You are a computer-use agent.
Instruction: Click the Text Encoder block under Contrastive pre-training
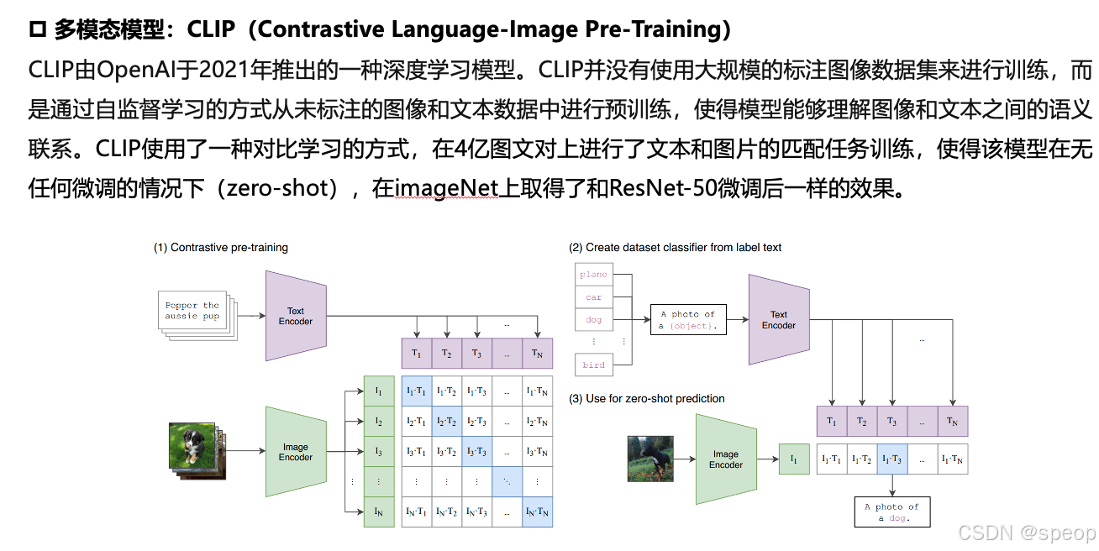coord(295,316)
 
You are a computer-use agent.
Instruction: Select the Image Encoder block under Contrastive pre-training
coord(295,452)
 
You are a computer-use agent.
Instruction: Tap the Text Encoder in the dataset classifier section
coord(778,320)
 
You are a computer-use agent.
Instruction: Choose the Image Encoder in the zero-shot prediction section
coord(726,459)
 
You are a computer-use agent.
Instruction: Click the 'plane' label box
coord(593,275)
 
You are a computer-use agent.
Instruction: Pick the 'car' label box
coord(593,297)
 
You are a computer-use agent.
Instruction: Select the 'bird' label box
coord(593,365)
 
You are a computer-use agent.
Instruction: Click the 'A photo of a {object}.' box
coord(687,320)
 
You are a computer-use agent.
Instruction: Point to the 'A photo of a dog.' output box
coord(892,512)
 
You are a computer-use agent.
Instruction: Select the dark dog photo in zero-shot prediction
coord(650,458)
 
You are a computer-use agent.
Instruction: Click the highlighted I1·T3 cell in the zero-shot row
coord(892,459)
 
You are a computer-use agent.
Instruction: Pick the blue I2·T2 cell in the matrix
coord(447,422)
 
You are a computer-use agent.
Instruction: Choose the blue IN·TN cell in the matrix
coord(537,512)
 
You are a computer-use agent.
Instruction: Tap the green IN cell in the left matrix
coord(379,512)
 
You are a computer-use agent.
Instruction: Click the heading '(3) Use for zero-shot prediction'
coord(647,398)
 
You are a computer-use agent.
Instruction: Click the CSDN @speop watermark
coord(1027,533)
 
